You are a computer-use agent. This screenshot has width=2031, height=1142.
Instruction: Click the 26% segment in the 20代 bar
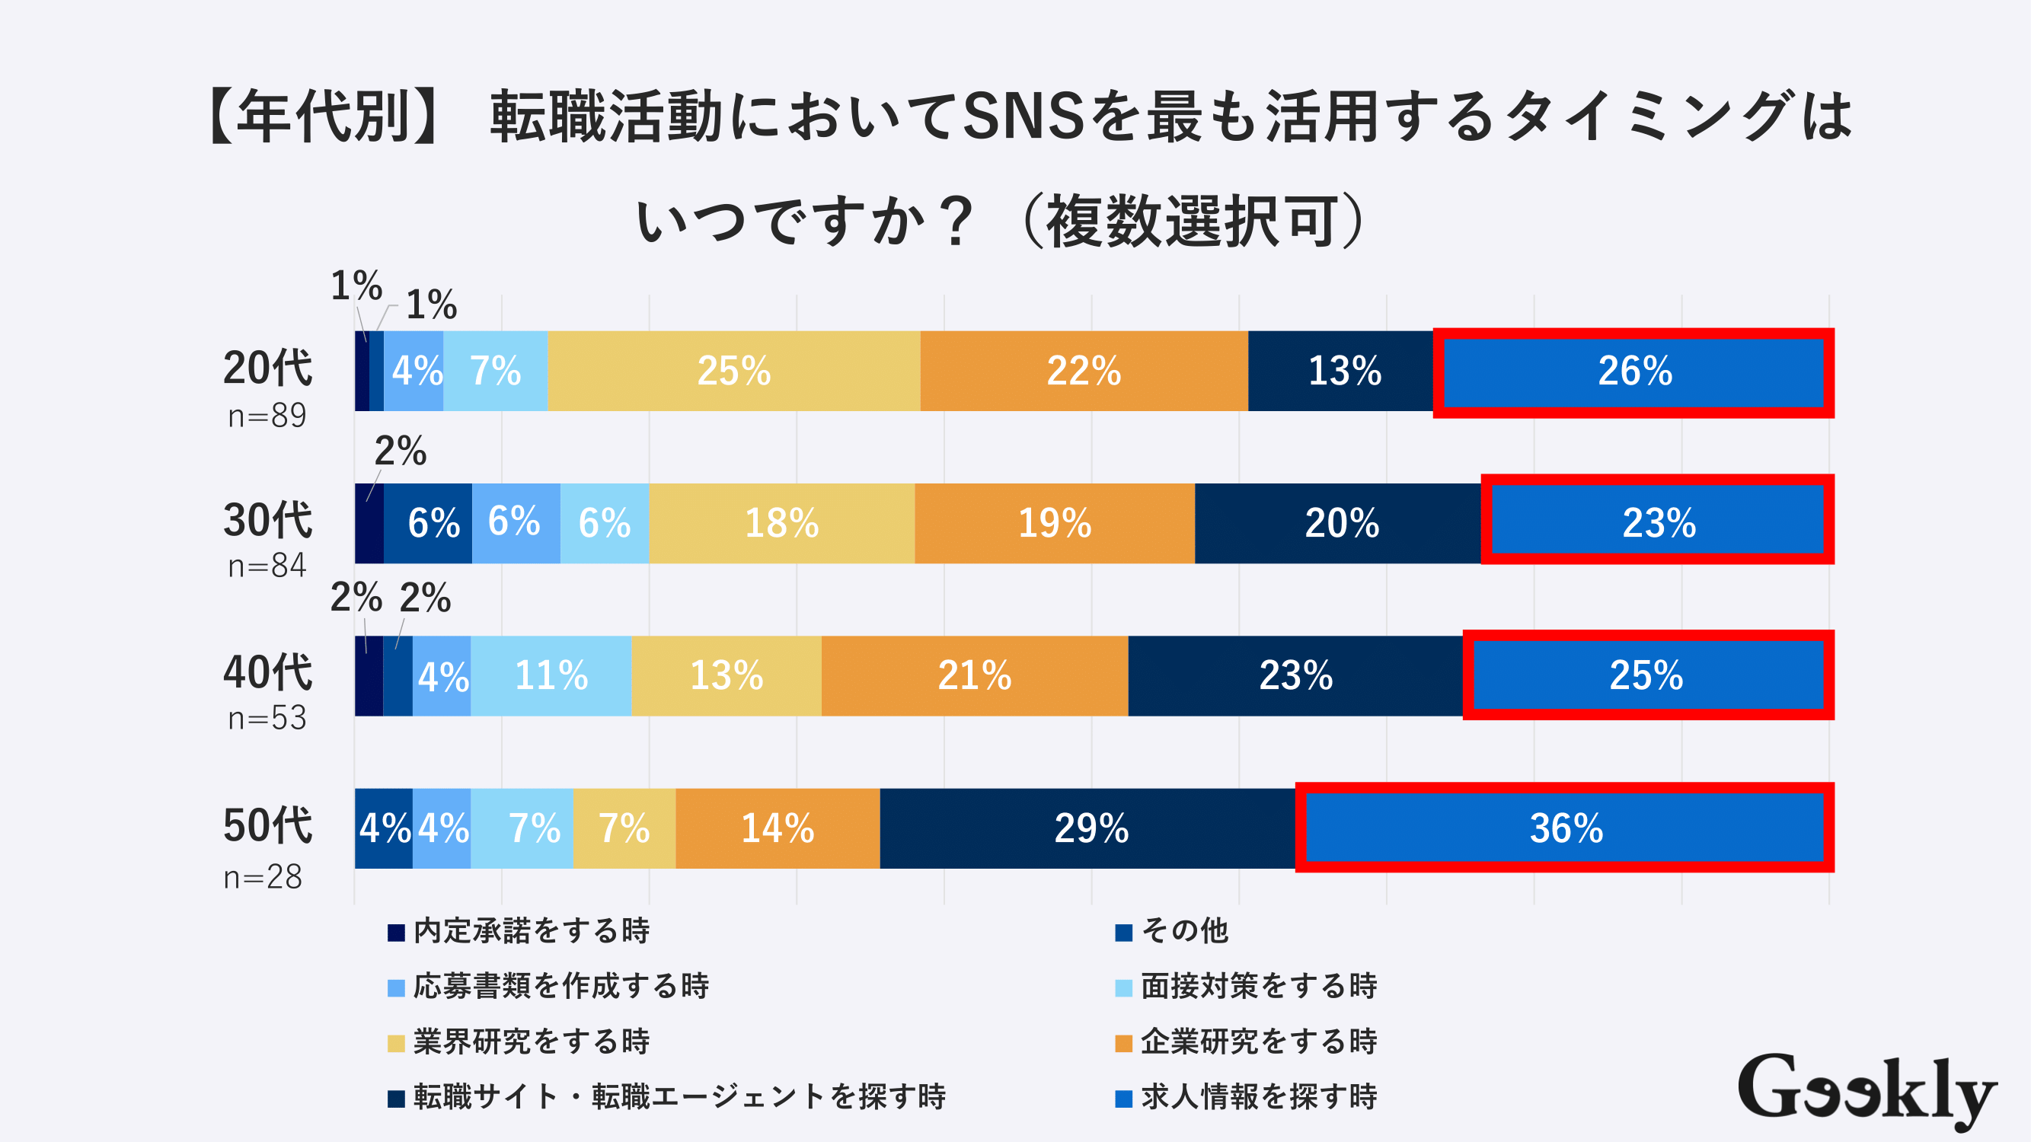pos(1633,372)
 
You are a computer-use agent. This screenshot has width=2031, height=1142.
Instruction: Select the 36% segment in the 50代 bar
pos(1565,828)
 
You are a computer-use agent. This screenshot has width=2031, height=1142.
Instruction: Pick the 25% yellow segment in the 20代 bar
pos(733,372)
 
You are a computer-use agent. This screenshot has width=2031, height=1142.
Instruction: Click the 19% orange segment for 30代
pos(1054,523)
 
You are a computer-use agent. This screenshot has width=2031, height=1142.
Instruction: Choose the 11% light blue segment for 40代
pos(551,676)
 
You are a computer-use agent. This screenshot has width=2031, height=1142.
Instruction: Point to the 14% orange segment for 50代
pos(778,828)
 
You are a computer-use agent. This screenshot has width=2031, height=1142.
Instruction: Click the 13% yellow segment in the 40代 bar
pos(726,676)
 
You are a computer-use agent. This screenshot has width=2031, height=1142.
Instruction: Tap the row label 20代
pos(267,368)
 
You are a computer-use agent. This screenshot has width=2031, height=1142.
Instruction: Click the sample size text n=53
pos(267,718)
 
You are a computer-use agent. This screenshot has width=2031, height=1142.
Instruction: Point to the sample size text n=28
pos(263,877)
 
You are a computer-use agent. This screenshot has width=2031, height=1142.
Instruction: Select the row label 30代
pos(267,520)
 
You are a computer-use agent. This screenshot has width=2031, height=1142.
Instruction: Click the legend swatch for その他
pos(1123,933)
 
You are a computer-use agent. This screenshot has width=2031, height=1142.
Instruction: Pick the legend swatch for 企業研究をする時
pos(1123,1044)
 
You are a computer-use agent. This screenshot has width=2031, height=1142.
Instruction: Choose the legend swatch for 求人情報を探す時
pos(1123,1099)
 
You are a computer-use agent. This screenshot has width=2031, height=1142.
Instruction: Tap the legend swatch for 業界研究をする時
pos(396,1044)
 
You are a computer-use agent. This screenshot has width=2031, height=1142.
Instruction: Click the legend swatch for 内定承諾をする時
pos(396,933)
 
